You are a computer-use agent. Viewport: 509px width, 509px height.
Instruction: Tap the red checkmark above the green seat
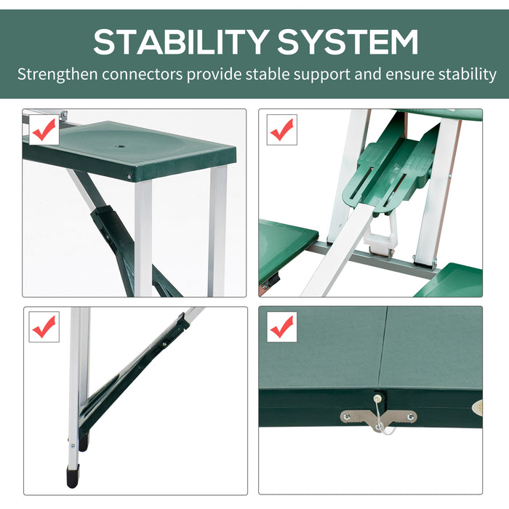point(44,130)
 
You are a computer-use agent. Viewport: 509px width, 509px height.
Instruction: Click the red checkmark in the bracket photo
point(281,130)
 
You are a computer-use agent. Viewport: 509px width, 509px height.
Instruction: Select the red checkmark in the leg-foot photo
point(44,327)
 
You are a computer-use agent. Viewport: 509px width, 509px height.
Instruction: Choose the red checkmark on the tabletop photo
point(281,327)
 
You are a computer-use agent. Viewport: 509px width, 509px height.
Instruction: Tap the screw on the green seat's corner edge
point(130,176)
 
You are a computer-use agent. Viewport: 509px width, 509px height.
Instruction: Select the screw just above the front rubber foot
point(71,441)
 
